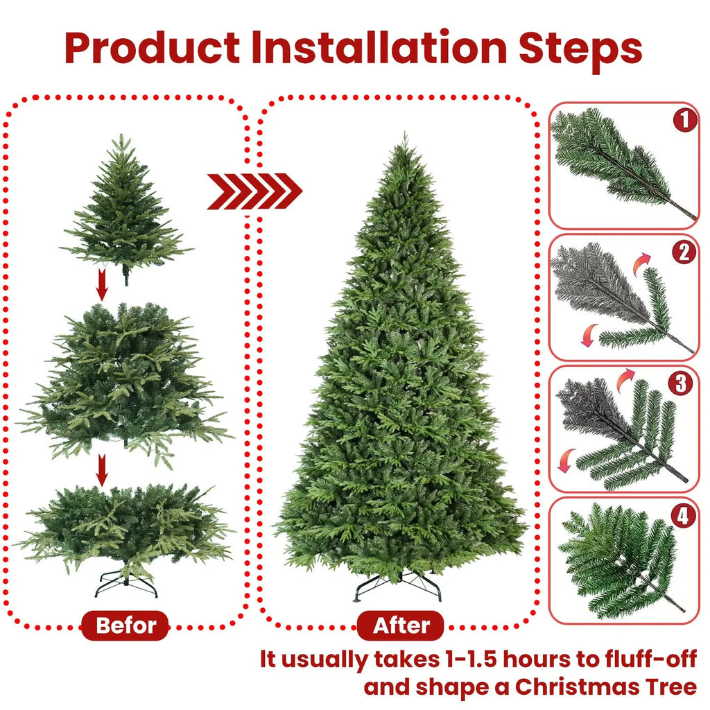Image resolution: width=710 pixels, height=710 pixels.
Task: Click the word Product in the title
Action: click(153, 48)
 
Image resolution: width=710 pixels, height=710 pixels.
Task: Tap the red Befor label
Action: click(125, 626)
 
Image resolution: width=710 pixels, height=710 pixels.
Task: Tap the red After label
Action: click(401, 626)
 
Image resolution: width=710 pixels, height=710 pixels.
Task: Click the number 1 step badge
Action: click(684, 121)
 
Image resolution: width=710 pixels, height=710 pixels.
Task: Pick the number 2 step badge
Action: click(684, 252)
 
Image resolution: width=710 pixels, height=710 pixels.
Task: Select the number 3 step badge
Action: click(684, 383)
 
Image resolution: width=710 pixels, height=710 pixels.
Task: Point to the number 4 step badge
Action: click(684, 515)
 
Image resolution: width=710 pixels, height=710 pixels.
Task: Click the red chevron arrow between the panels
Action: click(254, 191)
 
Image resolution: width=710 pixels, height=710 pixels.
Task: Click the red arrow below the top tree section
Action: click(102, 284)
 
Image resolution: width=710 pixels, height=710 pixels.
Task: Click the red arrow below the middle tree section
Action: click(102, 471)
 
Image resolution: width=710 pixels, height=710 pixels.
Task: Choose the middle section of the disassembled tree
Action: click(125, 381)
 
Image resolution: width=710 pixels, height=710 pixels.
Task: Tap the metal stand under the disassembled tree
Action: click(126, 585)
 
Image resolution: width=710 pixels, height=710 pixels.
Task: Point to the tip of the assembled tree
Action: click(404, 139)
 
